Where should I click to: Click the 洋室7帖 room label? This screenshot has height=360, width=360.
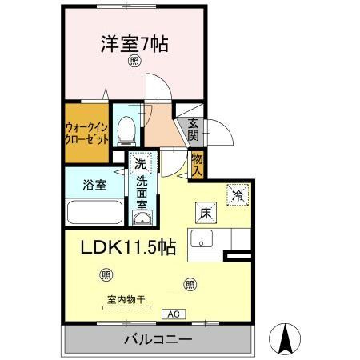pyautogui.click(x=134, y=43)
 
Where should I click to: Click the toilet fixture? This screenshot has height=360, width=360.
pyautogui.click(x=126, y=130)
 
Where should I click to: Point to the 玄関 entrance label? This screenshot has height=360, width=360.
pyautogui.click(x=194, y=129)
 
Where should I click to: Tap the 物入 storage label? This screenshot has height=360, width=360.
pyautogui.click(x=198, y=165)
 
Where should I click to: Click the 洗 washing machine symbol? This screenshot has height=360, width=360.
pyautogui.click(x=140, y=162)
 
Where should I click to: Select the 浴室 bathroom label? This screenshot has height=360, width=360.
pyautogui.click(x=94, y=185)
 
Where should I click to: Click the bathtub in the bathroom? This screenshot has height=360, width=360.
pyautogui.click(x=94, y=213)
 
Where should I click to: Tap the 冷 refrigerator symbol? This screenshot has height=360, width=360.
pyautogui.click(x=238, y=194)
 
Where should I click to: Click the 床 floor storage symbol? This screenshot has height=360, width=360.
pyautogui.click(x=204, y=212)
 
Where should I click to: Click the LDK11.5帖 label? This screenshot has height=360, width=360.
pyautogui.click(x=127, y=248)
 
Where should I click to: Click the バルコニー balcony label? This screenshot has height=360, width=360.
pyautogui.click(x=158, y=340)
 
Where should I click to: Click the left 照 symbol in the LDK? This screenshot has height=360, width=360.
pyautogui.click(x=106, y=275)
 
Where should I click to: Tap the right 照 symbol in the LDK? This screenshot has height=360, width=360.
pyautogui.click(x=190, y=282)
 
